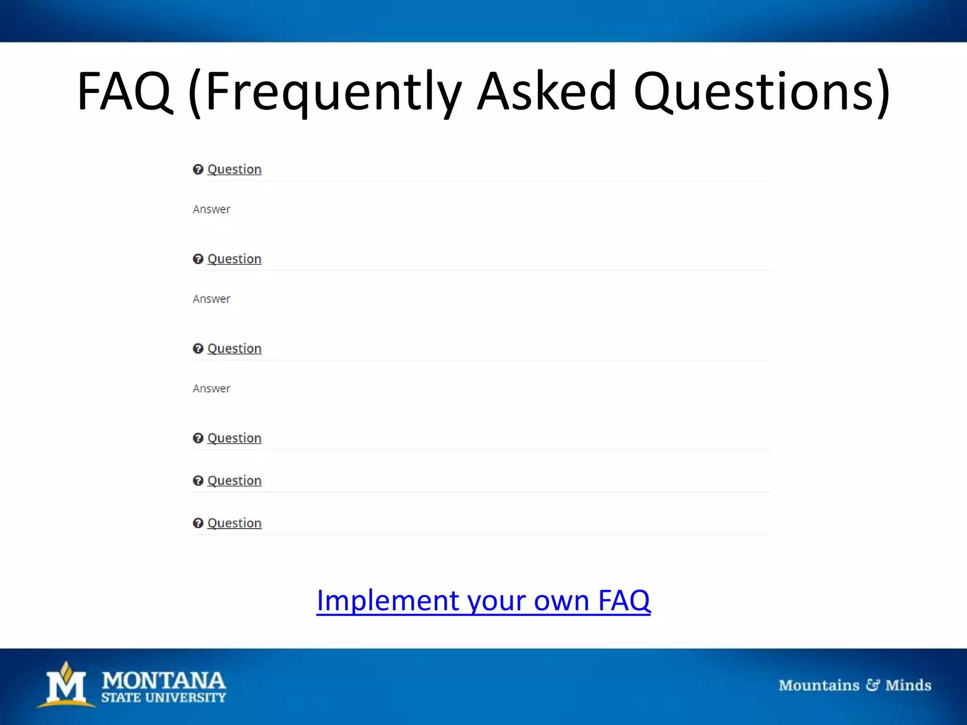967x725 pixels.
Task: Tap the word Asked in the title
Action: click(547, 91)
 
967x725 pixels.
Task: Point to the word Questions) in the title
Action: click(761, 91)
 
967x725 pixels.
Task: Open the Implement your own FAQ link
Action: click(483, 600)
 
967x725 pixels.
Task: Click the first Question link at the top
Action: click(234, 169)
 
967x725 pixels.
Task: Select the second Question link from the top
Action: click(234, 259)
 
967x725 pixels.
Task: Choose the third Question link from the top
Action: click(234, 348)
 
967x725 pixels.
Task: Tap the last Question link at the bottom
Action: click(234, 523)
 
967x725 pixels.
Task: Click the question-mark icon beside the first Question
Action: click(198, 169)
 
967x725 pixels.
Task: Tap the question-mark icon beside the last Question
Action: click(198, 523)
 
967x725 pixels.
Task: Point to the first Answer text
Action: click(212, 209)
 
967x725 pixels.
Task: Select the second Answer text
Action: click(212, 299)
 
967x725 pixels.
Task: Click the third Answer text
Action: click(212, 388)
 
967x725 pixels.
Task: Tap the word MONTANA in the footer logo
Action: click(163, 680)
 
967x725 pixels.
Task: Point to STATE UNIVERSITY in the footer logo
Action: click(163, 698)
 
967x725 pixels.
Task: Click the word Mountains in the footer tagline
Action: click(819, 685)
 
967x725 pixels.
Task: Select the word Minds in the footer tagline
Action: click(908, 685)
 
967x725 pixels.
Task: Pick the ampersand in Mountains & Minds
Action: click(873, 685)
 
